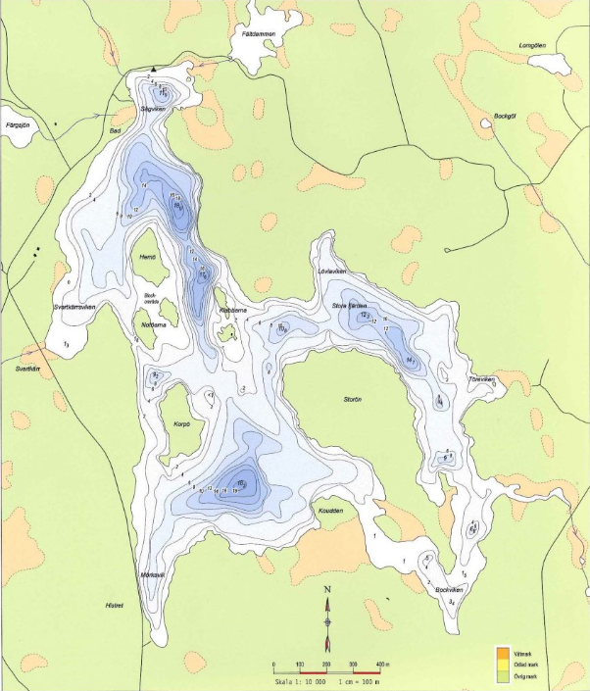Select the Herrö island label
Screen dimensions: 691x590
[149, 258]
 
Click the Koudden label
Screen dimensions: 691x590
[330, 510]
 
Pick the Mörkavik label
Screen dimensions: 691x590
[152, 574]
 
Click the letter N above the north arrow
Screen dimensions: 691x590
[328, 590]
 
